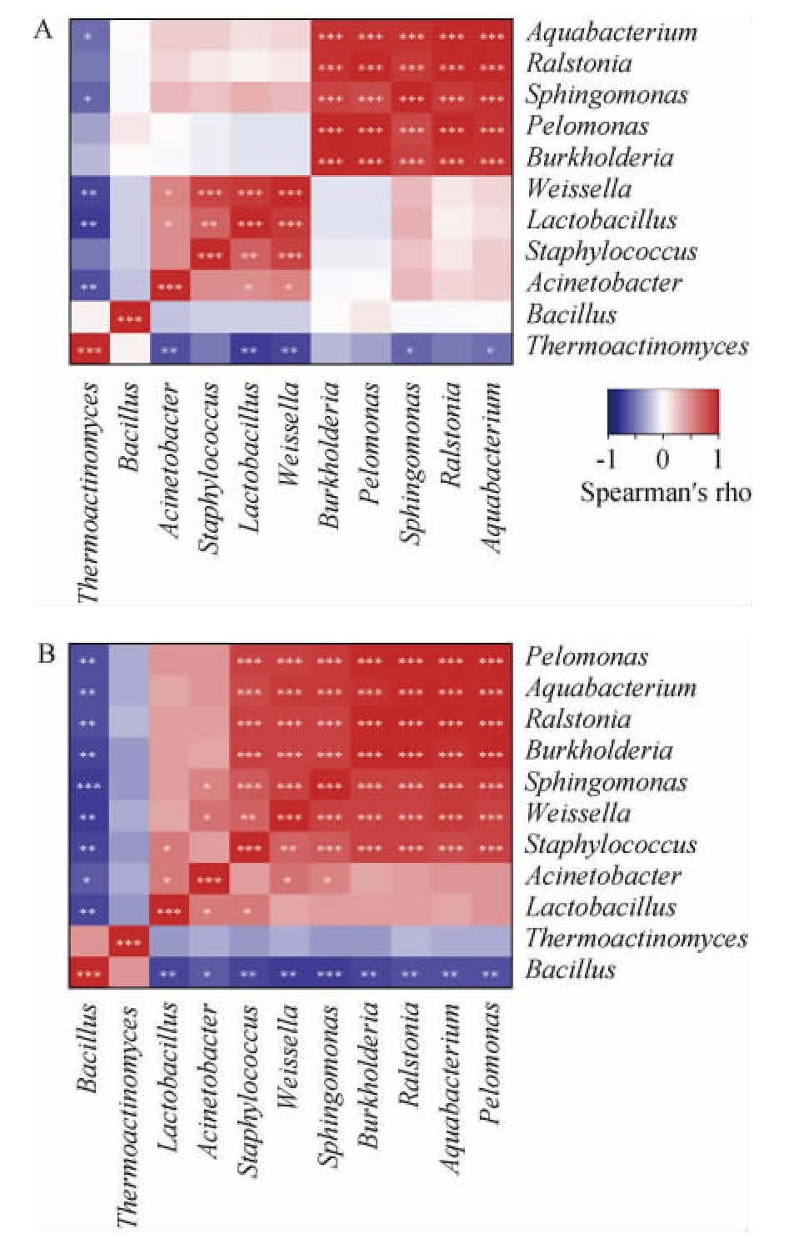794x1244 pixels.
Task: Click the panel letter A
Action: (x=42, y=30)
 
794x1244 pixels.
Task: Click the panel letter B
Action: (x=46, y=653)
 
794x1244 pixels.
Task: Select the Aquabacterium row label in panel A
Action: (x=612, y=33)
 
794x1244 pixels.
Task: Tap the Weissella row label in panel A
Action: (x=579, y=188)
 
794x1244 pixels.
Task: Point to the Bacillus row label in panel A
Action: (x=572, y=314)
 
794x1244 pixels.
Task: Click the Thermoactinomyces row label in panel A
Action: (x=637, y=345)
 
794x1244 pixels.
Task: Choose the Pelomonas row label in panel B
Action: (x=587, y=656)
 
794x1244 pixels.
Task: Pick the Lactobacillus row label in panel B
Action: (x=601, y=906)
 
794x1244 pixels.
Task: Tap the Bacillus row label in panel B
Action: (x=571, y=969)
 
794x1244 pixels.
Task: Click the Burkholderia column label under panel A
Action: (x=330, y=454)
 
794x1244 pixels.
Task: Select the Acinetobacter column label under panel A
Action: (x=169, y=459)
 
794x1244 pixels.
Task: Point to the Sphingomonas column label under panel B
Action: (x=330, y=1085)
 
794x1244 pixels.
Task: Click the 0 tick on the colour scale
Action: (x=662, y=459)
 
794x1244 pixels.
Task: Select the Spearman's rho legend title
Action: (x=665, y=492)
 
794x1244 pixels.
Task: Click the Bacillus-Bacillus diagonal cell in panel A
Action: (x=130, y=319)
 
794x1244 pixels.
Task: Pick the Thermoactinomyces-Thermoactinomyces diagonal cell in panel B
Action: (x=129, y=942)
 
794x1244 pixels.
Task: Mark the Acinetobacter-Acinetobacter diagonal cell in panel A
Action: (x=170, y=287)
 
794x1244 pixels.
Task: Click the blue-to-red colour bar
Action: (x=662, y=411)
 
